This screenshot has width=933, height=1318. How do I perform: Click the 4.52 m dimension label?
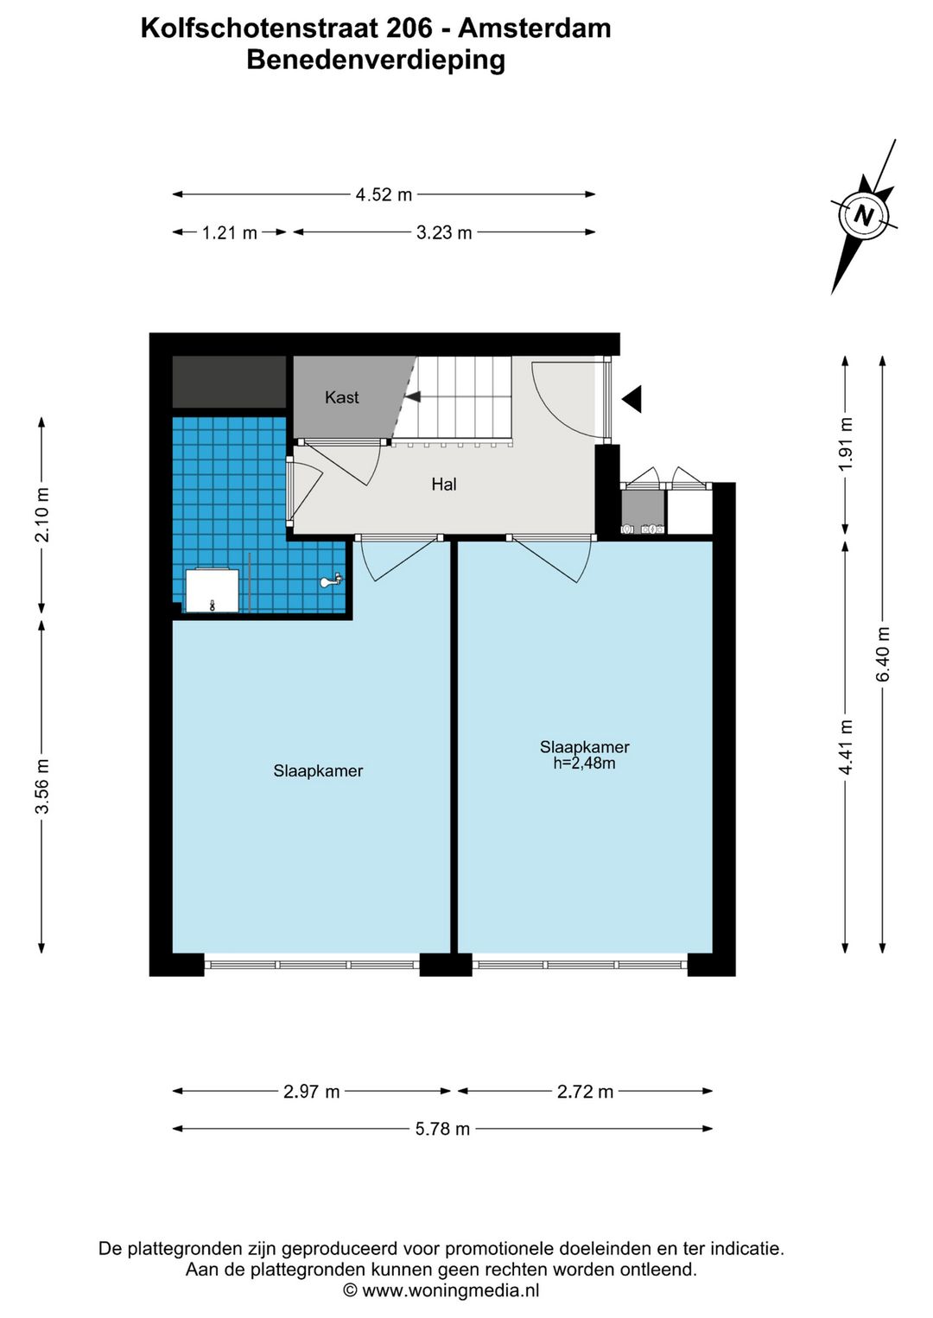pos(384,194)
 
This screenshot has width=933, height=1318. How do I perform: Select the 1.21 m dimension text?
pos(230,233)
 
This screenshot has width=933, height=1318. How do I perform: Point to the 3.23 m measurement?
pos(444,233)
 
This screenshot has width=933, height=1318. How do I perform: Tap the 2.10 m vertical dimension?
pos(42,514)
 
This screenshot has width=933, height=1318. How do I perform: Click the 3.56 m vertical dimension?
pos(42,786)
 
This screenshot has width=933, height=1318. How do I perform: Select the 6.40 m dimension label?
pos(883,654)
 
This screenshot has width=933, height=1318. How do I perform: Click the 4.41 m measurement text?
pos(846,747)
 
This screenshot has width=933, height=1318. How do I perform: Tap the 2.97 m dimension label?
pos(311,1092)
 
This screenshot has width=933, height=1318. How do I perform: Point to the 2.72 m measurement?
pos(585,1092)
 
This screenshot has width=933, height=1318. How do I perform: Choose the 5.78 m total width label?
pos(442,1129)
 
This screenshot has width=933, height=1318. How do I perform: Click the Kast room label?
pos(341,397)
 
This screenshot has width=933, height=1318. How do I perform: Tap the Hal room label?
pos(444,485)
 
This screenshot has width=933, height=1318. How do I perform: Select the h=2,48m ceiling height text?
pos(584,764)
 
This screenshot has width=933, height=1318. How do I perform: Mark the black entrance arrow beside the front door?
pos(632,399)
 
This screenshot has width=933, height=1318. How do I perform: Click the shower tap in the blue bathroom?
pos(332,580)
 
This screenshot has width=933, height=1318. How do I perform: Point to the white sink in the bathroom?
pos(212,590)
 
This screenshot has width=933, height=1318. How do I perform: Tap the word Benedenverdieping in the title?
pos(376,60)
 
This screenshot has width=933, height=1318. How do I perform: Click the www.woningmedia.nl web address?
pos(451,1291)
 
